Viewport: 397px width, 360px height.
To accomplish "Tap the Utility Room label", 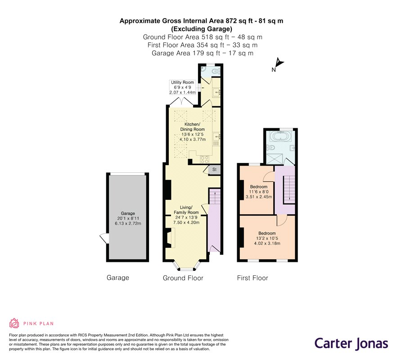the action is click(x=182, y=82).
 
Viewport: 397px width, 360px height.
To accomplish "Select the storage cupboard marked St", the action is click(x=214, y=170).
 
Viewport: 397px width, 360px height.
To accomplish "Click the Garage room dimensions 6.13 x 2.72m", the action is click(x=128, y=224).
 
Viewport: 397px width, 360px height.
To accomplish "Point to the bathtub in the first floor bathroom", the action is click(x=280, y=137).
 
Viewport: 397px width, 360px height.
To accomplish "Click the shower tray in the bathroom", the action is click(x=274, y=159).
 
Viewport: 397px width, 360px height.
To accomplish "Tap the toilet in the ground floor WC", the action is click(x=216, y=72).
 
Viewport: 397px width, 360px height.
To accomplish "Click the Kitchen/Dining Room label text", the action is click(x=192, y=127).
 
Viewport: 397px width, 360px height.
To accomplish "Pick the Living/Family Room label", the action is click(x=186, y=210).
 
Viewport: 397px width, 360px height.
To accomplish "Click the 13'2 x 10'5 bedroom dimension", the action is click(x=267, y=238).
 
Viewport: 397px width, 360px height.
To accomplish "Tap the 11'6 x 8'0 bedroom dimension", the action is click(x=258, y=192).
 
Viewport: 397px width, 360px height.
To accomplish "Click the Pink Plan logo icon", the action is click(x=14, y=323).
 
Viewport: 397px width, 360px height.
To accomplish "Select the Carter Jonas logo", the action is click(x=351, y=344).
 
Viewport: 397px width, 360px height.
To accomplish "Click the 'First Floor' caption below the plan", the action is click(x=253, y=278).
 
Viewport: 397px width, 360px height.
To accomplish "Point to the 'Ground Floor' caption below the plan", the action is click(x=183, y=278).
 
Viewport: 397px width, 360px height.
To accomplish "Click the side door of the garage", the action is click(x=104, y=238).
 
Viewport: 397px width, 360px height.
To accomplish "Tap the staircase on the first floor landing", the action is click(x=289, y=189).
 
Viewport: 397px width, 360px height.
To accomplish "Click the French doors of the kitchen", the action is click(x=181, y=101).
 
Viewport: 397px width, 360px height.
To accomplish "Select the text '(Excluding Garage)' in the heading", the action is click(x=202, y=29).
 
